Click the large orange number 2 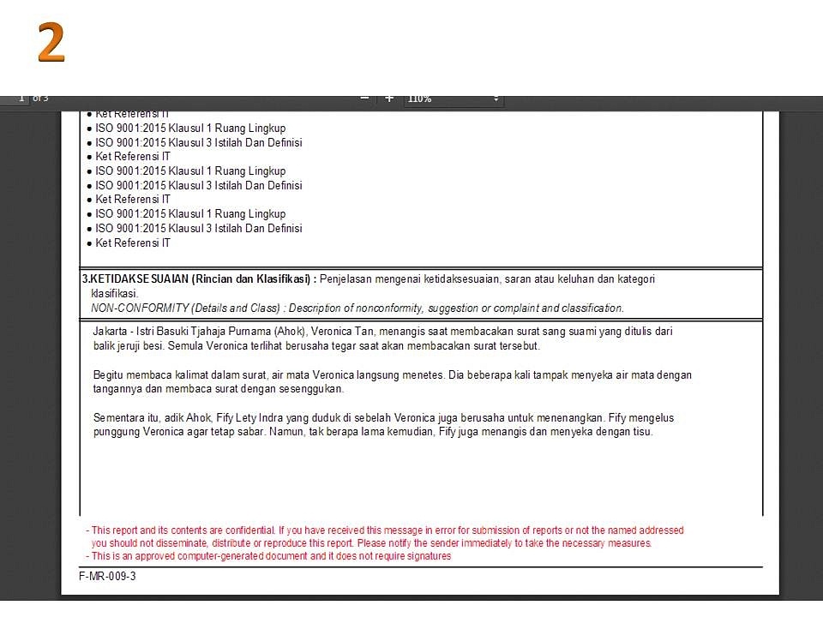[x=51, y=43]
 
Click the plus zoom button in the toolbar [x=389, y=98]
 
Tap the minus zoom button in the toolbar [x=364, y=98]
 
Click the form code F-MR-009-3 [x=107, y=577]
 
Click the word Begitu [x=109, y=375]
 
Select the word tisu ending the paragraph [x=642, y=432]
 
